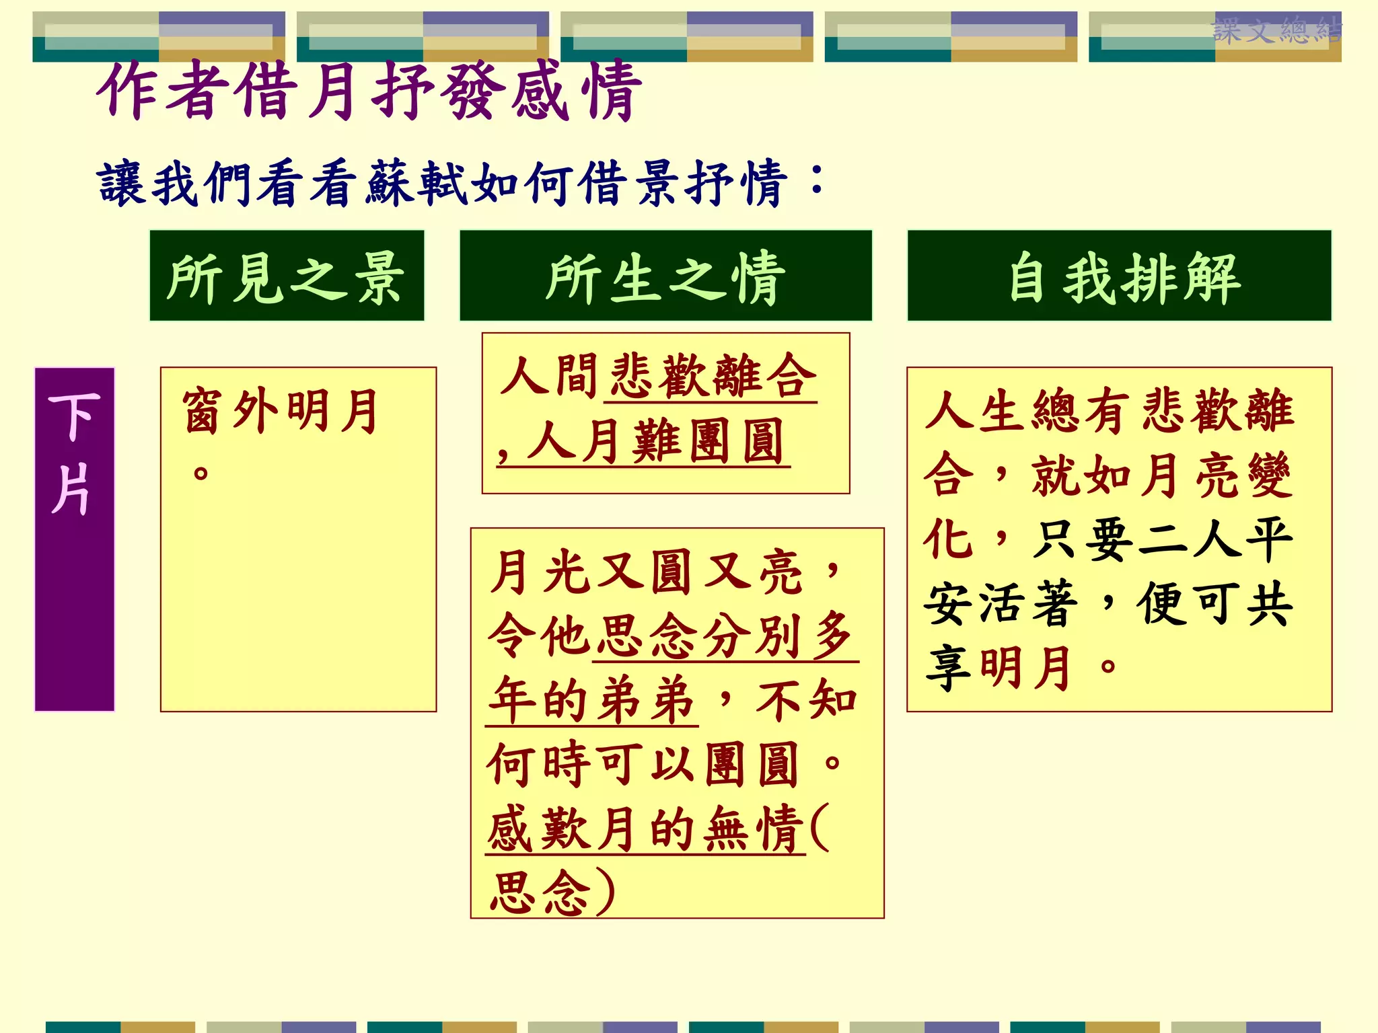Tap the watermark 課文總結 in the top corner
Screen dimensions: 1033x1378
[x=1276, y=31]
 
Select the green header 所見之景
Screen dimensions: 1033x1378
[x=287, y=276]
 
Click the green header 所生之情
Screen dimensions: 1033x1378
[x=665, y=276]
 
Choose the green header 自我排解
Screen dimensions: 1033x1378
[x=1119, y=276]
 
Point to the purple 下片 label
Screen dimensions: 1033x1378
[x=74, y=455]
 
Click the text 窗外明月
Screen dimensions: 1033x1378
[x=281, y=411]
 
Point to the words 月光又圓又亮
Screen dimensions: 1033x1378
[x=646, y=572]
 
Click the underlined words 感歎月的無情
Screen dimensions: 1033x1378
[x=646, y=829]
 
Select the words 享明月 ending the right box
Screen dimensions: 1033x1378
[x=999, y=668]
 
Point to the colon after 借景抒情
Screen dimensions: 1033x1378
[x=817, y=178]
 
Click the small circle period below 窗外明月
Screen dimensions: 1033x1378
[x=201, y=472]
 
